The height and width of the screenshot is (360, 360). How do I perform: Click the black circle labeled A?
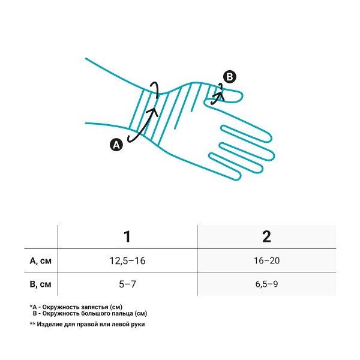click(116, 145)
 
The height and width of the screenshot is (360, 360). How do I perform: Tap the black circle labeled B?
click(230, 77)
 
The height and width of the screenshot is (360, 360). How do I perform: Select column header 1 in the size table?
click(127, 236)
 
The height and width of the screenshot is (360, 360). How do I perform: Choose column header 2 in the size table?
click(266, 236)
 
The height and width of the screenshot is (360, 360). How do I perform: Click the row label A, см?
click(40, 261)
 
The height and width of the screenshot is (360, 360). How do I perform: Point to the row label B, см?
click(40, 284)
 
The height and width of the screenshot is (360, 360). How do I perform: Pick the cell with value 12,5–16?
click(127, 261)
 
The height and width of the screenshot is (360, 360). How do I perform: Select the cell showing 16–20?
click(266, 261)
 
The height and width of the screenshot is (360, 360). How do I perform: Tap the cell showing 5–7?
click(127, 284)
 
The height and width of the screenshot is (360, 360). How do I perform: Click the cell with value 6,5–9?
click(266, 284)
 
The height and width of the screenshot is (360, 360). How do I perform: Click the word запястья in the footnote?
click(95, 307)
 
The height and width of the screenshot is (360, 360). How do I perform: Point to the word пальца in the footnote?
click(122, 313)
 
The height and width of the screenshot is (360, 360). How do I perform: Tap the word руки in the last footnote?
click(138, 325)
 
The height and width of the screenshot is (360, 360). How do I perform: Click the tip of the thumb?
click(242, 96)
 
